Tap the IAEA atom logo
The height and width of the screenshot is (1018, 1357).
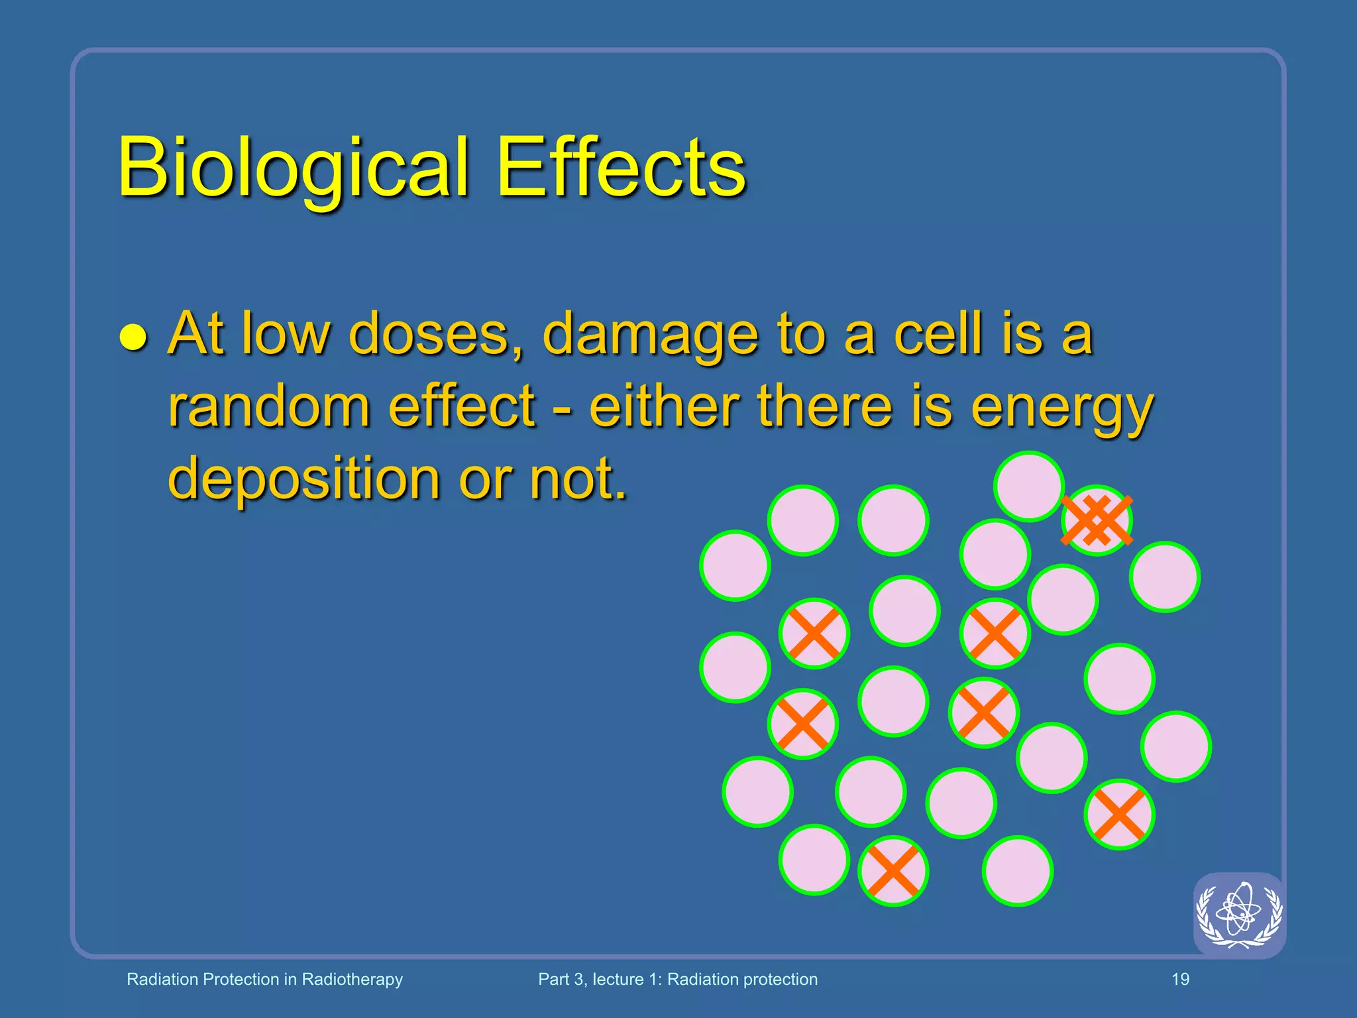[x=1239, y=915]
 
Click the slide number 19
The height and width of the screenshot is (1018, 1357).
[x=1180, y=979]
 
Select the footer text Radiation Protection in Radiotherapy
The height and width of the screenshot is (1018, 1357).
[x=264, y=979]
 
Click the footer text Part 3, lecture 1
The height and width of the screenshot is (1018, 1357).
[x=677, y=979]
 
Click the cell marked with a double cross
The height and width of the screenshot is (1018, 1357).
[x=1097, y=520]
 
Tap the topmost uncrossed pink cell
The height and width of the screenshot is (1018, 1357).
[x=1028, y=486]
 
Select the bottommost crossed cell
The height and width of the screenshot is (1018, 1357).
[x=893, y=871]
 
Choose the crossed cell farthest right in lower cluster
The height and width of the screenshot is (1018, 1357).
[x=1119, y=815]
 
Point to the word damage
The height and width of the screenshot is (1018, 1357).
[x=649, y=335]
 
